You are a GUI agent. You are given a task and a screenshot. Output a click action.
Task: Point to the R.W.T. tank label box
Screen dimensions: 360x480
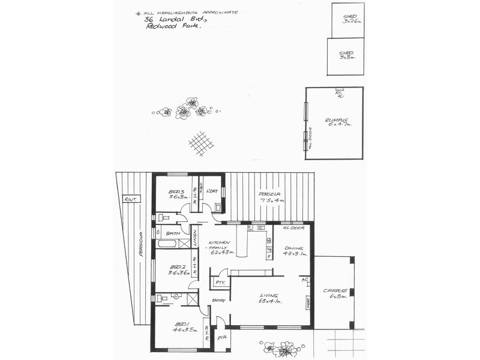tap(129, 199)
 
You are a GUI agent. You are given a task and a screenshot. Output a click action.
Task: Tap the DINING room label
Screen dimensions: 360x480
tap(292, 248)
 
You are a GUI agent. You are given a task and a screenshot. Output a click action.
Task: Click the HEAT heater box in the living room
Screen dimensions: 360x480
tap(308, 303)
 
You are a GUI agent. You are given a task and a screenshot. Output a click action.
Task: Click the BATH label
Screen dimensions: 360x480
tap(173, 233)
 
